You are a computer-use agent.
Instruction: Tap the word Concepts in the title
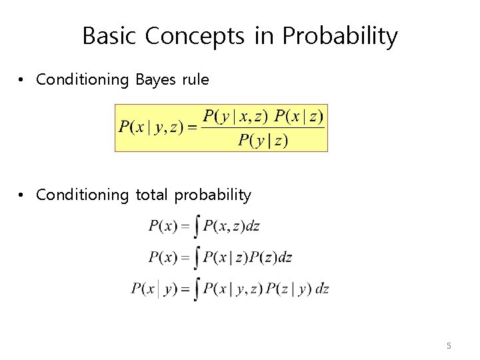coord(195,36)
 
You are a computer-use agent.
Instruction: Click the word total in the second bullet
coord(153,195)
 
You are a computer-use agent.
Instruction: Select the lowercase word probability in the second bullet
coord(213,195)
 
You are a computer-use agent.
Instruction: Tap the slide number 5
coord(449,345)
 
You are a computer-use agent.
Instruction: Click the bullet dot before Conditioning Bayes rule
coord(22,80)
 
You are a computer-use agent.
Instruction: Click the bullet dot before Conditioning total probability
coord(22,195)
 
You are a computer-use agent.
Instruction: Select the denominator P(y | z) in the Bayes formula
coord(263,141)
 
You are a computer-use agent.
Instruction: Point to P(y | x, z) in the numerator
coord(235,117)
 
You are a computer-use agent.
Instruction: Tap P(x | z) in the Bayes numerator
coord(299,117)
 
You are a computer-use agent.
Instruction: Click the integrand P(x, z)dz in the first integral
coord(231,226)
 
